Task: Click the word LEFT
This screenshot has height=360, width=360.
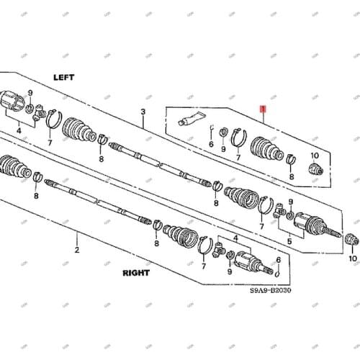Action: click(64, 76)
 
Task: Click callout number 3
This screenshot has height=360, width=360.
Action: click(143, 112)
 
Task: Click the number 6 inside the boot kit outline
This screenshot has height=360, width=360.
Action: click(211, 144)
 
